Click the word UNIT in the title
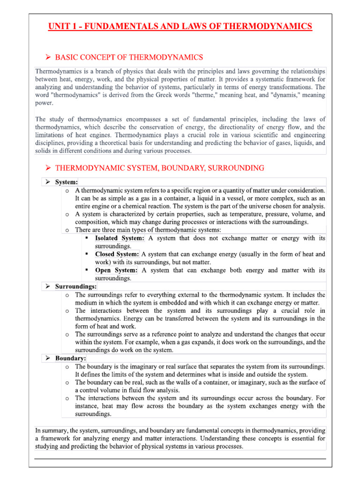tap(59, 26)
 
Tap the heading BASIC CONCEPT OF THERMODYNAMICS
tap(129, 57)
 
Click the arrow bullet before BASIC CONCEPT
tap(48, 57)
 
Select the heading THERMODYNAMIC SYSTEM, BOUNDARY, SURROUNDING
tap(159, 167)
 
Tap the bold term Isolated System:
tap(120, 238)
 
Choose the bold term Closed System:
tap(117, 254)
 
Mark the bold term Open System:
tap(116, 270)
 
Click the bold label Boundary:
tap(70, 358)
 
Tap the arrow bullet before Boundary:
tap(48, 358)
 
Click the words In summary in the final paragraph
tap(50, 430)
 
